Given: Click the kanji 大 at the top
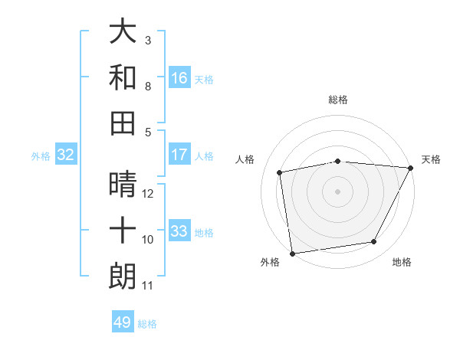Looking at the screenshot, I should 123,32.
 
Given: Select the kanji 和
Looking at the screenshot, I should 123,77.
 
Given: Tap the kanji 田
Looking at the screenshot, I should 123,123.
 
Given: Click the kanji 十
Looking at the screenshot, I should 123,231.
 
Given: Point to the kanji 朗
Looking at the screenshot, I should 123,277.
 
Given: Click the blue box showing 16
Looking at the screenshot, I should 179,78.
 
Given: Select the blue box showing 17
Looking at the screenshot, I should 179,155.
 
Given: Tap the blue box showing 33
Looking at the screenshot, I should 179,231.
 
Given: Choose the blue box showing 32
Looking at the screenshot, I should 66,155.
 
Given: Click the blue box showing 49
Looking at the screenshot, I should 123,322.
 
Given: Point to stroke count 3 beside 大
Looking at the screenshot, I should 147,40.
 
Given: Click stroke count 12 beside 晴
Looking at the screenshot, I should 148,194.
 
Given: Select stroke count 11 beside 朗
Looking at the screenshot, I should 148,286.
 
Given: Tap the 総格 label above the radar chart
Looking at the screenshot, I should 338,100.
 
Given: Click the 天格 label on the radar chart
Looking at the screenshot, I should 431,159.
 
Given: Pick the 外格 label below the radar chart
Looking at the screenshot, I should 270,263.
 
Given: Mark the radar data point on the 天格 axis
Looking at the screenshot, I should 410,168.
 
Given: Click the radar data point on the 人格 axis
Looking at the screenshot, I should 281,172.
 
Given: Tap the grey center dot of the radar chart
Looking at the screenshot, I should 338,191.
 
